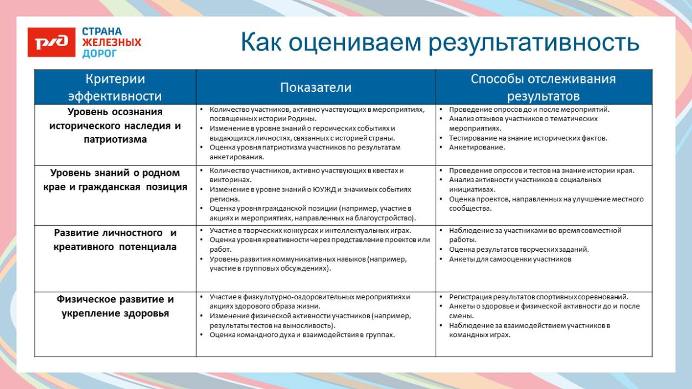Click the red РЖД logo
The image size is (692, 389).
pos(51,42)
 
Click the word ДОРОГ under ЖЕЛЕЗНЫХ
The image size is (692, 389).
pos(100,54)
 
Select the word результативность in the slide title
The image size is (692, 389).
pos(534,43)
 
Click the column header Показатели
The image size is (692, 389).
pos(316,87)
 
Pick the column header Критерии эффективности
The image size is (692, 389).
pos(115,87)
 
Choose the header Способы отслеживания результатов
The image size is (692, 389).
pos(543,87)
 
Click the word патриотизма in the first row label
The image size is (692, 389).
pos(115,139)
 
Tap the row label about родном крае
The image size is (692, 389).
pos(115,180)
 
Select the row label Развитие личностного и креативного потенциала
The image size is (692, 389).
pos(115,239)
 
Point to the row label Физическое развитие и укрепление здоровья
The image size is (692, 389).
pos(115,306)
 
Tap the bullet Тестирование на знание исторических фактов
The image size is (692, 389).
pos(528,138)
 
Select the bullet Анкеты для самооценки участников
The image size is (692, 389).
pos(510,259)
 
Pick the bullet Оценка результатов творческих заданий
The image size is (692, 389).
pos(519,250)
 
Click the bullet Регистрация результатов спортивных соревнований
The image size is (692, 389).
pos(538,297)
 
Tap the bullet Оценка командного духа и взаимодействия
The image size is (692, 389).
pos(302,335)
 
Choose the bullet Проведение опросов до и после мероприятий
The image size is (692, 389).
pos(529,110)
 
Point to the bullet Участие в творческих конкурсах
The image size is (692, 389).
pos(310,230)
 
